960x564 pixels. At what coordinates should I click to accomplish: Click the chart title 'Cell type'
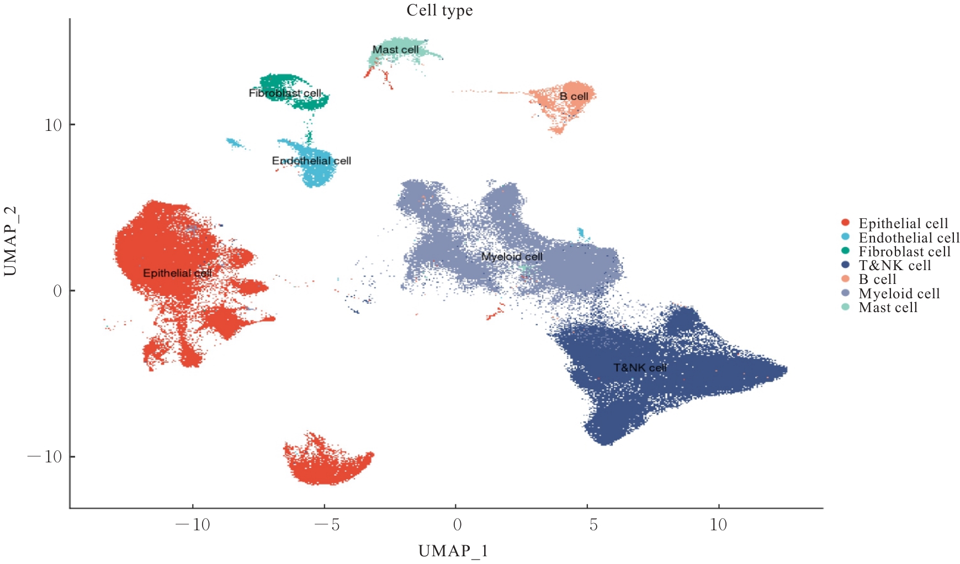coord(439,10)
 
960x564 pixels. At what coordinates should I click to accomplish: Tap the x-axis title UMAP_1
coord(453,551)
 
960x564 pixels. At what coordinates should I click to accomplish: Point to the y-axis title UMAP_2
coord(10,241)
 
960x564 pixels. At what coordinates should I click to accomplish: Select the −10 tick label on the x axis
coord(193,524)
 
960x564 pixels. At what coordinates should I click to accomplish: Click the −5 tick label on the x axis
coord(327,524)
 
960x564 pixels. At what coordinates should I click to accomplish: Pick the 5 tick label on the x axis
coord(593,524)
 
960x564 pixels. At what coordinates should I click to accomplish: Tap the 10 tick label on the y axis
coord(53,125)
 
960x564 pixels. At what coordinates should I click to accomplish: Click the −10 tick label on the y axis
coord(45,457)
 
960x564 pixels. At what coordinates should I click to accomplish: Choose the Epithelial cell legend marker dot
coord(845,223)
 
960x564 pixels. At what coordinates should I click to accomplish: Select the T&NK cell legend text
coord(895,266)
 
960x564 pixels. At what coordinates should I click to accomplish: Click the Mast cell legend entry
coord(888,308)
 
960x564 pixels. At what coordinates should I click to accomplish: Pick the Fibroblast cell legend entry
coord(904,252)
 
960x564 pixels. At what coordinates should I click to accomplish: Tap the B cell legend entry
coord(877,280)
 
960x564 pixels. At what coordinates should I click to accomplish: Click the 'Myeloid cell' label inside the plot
coord(512,257)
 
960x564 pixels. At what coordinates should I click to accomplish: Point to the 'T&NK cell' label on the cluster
coord(640,368)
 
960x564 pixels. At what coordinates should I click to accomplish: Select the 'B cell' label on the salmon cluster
coord(574,97)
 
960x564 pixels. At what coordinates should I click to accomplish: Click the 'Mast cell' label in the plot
coord(395,50)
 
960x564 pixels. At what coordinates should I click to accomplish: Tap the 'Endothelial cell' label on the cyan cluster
coord(311,161)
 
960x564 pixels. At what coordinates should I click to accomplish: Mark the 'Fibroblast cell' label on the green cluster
coord(285,93)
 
